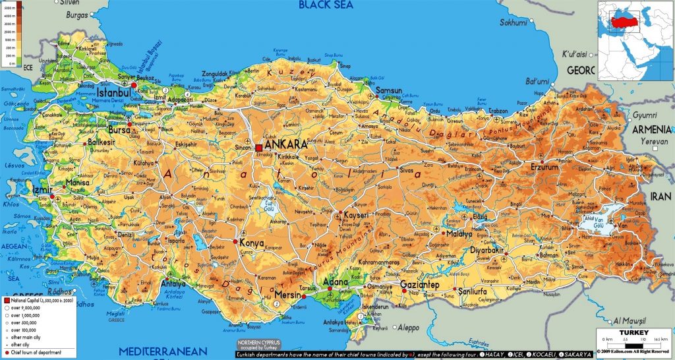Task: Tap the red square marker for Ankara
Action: click(259, 147)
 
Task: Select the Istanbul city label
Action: click(115, 94)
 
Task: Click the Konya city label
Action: click(251, 243)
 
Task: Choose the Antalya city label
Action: click(173, 285)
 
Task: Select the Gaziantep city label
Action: click(420, 285)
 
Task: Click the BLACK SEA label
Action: click(325, 5)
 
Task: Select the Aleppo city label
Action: click(407, 328)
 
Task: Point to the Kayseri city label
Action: click(359, 216)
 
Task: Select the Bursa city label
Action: click(119, 131)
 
